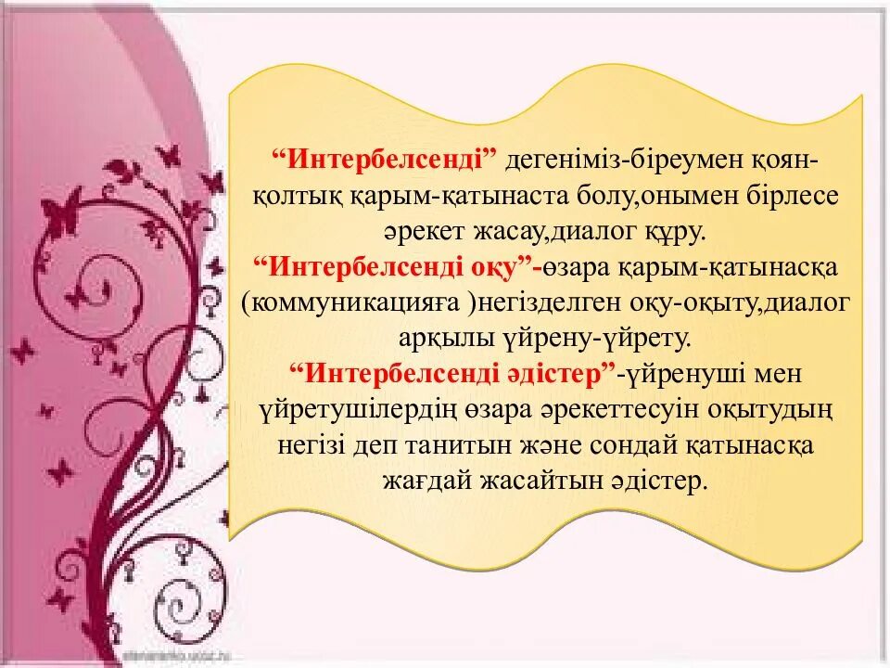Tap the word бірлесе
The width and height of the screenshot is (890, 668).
[797, 197]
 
